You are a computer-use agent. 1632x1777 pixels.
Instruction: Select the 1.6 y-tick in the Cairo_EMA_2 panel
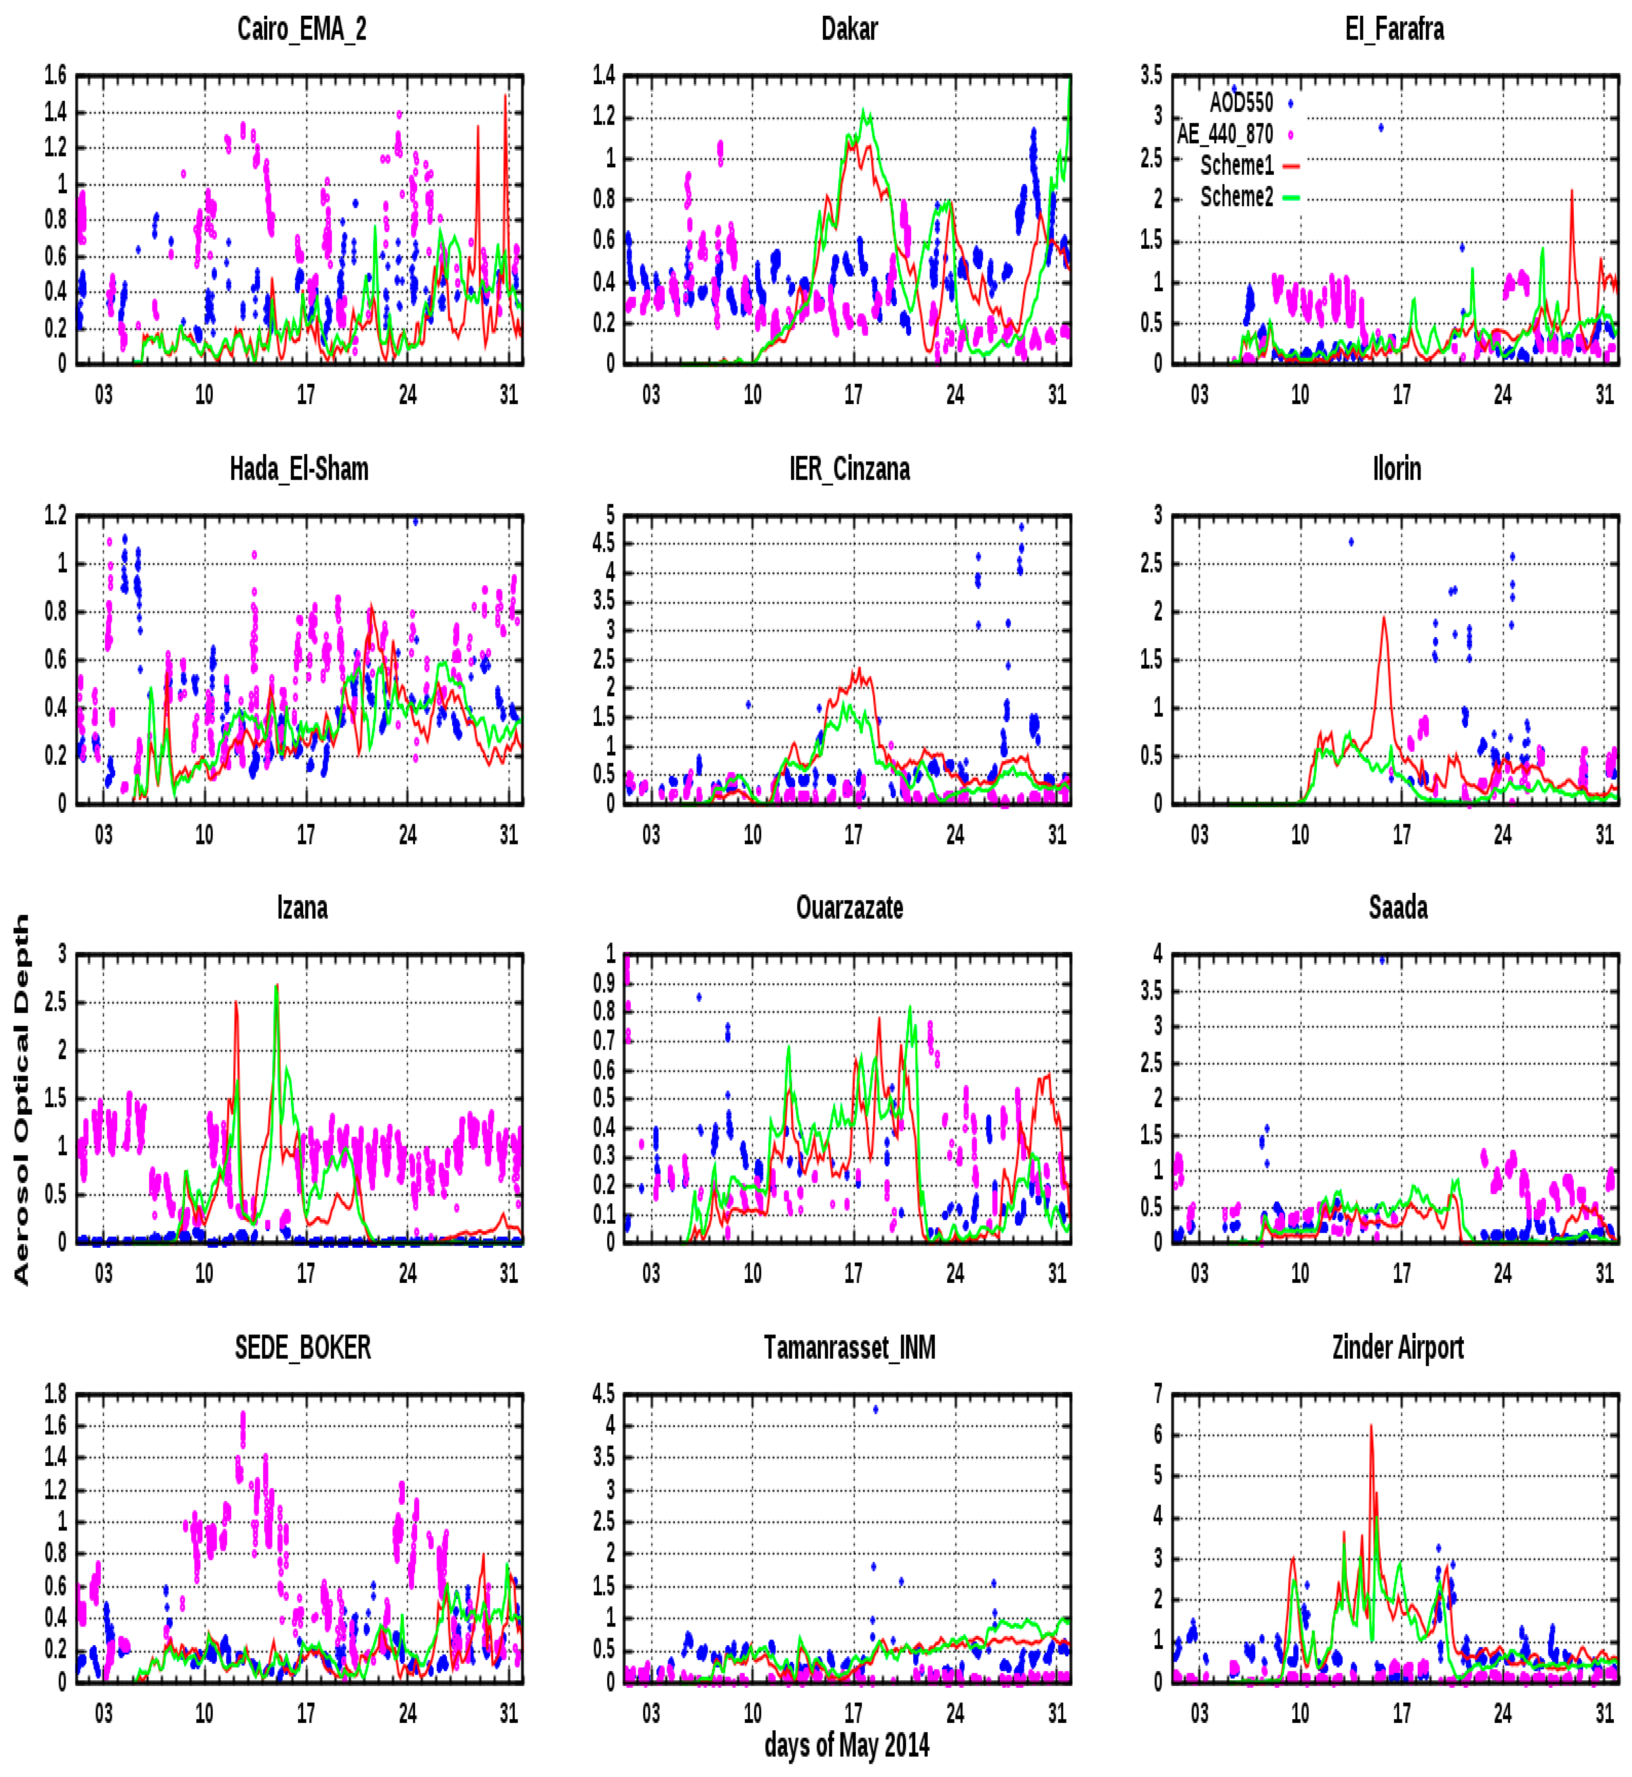[x=56, y=76]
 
